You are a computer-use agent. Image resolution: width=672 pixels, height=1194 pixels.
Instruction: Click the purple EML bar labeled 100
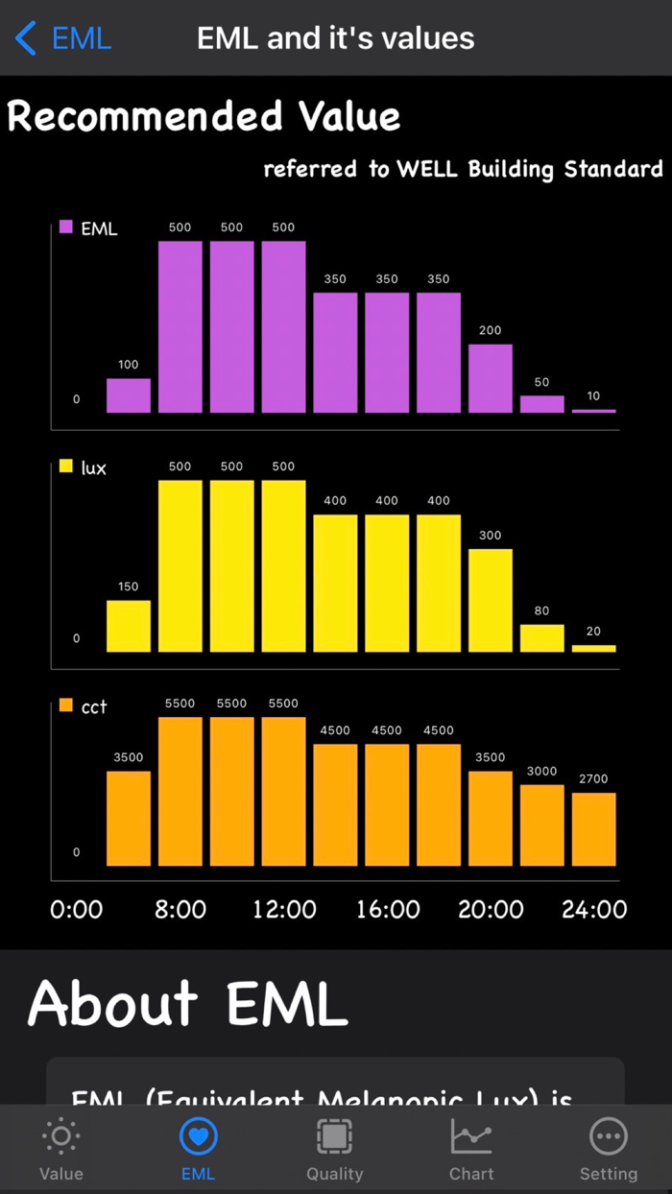pyautogui.click(x=129, y=395)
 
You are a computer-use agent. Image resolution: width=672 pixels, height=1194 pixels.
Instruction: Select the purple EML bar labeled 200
pyautogui.click(x=491, y=378)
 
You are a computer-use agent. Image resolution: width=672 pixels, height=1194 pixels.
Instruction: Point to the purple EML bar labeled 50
pyautogui.click(x=542, y=404)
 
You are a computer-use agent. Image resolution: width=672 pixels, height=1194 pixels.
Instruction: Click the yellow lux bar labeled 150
pyautogui.click(x=129, y=626)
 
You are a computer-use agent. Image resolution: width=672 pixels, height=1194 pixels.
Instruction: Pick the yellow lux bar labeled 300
pyautogui.click(x=491, y=600)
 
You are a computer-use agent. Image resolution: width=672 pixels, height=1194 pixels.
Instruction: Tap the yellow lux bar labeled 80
pyautogui.click(x=542, y=638)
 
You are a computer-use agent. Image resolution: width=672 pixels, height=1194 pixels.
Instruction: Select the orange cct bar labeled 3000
pyautogui.click(x=542, y=825)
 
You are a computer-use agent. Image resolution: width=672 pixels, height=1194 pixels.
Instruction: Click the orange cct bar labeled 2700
pyautogui.click(x=594, y=829)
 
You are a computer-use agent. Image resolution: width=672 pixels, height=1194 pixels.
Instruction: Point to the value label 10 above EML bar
pyautogui.click(x=593, y=395)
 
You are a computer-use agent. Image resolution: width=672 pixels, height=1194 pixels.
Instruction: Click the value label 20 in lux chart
pyautogui.click(x=593, y=632)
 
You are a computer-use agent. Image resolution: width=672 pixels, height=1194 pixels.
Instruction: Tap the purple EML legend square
pyautogui.click(x=66, y=227)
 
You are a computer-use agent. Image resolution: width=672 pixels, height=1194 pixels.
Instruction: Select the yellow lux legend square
pyautogui.click(x=66, y=466)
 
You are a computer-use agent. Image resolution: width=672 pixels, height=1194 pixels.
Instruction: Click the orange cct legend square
pyautogui.click(x=66, y=705)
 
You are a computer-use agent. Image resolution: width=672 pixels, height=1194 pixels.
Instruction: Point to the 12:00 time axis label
pyautogui.click(x=284, y=909)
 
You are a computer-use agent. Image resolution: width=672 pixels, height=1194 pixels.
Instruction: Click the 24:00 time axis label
pyautogui.click(x=594, y=909)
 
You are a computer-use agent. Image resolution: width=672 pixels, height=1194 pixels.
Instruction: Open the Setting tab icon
pyautogui.click(x=608, y=1137)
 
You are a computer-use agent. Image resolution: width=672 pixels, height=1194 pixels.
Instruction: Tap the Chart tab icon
pyautogui.click(x=471, y=1137)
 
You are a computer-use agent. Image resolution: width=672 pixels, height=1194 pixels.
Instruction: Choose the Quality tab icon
pyautogui.click(x=334, y=1137)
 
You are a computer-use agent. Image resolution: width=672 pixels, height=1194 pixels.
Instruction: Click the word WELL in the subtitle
pyautogui.click(x=428, y=170)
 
